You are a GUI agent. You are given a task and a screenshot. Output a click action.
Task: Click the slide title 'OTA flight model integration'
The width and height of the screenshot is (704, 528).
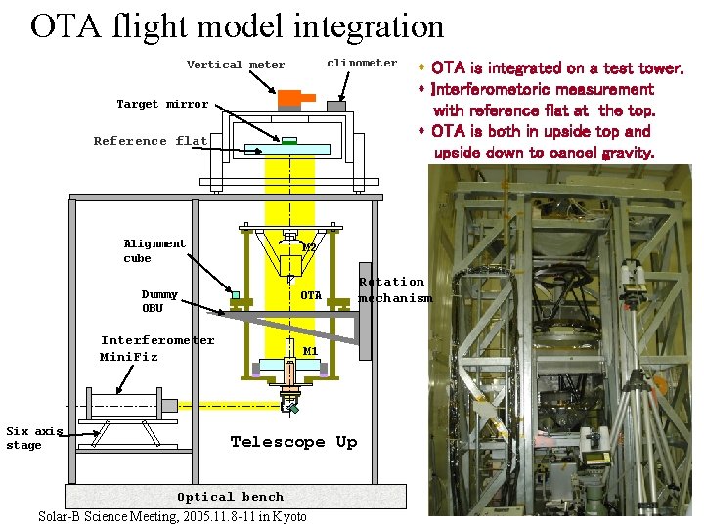237,25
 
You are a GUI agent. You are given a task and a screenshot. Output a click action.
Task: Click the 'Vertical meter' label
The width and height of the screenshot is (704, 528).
236,66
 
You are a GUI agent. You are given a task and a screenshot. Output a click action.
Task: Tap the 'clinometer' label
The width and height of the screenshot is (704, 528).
362,63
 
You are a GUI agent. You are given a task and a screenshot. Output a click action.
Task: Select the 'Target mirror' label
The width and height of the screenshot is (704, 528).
162,104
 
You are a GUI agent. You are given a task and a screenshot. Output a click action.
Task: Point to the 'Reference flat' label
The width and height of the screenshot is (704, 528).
151,141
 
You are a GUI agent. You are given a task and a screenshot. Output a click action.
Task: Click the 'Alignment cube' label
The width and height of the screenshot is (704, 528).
154,251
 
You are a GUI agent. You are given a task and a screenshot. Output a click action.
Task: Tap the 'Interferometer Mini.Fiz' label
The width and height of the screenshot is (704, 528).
156,348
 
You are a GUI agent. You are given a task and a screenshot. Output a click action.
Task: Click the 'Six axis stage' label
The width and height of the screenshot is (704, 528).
34,438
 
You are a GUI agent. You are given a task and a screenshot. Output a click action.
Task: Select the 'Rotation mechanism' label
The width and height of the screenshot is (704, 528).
394,290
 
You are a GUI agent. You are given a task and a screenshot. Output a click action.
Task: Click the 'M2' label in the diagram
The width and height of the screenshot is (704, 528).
309,248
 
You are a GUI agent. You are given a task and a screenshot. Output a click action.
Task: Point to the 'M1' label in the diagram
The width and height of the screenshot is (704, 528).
311,351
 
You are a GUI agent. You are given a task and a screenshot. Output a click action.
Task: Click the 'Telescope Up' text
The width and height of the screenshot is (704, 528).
293,442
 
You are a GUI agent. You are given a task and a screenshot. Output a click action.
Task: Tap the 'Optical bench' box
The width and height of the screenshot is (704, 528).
235,497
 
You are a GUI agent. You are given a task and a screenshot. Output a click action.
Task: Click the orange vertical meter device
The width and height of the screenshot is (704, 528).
290,99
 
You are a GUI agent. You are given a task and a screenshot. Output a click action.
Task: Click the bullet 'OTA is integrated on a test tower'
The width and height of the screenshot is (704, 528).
555,68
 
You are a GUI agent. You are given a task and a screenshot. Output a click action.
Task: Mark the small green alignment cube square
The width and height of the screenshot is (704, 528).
235,294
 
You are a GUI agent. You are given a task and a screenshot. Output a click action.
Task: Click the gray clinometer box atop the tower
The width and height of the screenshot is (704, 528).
336,105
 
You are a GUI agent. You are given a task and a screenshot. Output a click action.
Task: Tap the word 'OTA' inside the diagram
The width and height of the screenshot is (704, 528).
311,295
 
